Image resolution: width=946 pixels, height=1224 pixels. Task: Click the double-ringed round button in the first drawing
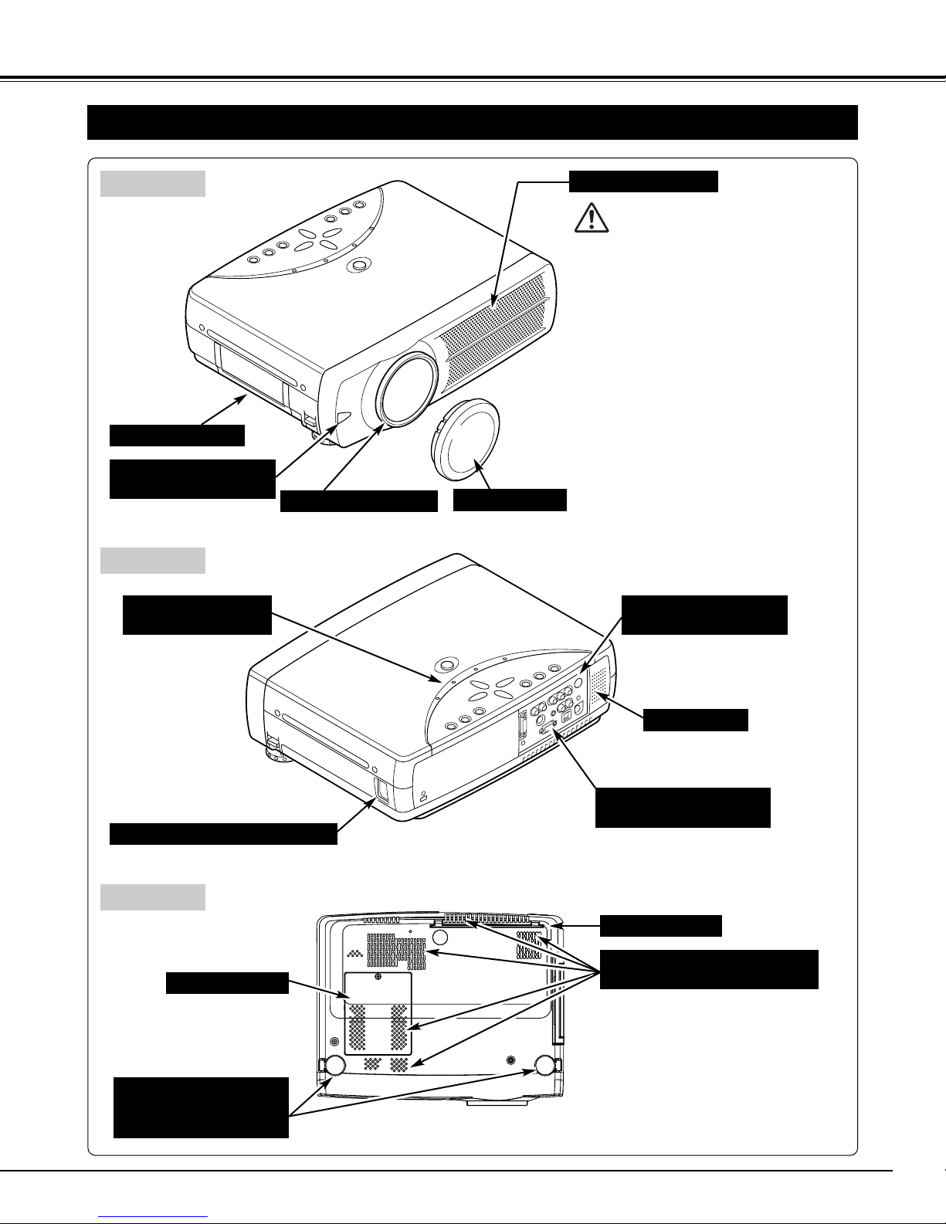pos(358,264)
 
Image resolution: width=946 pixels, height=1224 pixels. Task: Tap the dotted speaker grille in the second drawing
pos(600,685)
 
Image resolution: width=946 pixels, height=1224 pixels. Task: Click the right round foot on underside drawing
pos(544,1066)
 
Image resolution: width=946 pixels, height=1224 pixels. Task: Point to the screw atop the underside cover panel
pos(377,977)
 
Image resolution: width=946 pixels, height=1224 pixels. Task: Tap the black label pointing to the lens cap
pos(510,500)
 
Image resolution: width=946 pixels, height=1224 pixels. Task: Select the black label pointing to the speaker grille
pos(696,720)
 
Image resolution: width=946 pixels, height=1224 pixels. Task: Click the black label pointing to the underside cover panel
pos(227,983)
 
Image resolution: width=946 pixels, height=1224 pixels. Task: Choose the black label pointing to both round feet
pos(201,1107)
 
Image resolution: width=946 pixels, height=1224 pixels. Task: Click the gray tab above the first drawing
pos(153,184)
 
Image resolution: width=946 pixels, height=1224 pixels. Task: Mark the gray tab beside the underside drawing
pos(153,897)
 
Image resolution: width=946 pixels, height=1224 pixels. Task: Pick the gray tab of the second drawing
pos(153,561)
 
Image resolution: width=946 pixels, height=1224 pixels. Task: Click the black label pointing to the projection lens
pos(358,502)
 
